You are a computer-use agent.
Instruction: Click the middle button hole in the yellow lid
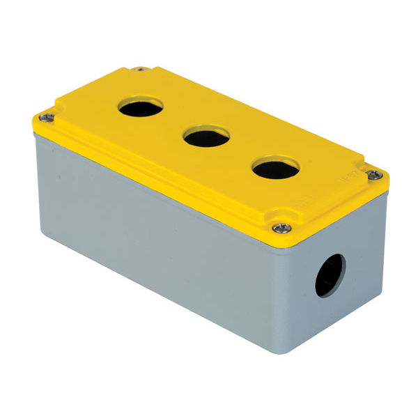pyautogui.click(x=207, y=137)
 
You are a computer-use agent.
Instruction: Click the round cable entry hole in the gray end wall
pyautogui.click(x=330, y=275)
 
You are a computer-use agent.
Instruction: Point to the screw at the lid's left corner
pyautogui.click(x=46, y=117)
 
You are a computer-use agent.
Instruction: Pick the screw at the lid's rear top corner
pyautogui.click(x=140, y=69)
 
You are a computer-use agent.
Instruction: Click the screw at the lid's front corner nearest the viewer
pyautogui.click(x=281, y=228)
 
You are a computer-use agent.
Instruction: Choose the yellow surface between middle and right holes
pyautogui.click(x=240, y=154)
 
